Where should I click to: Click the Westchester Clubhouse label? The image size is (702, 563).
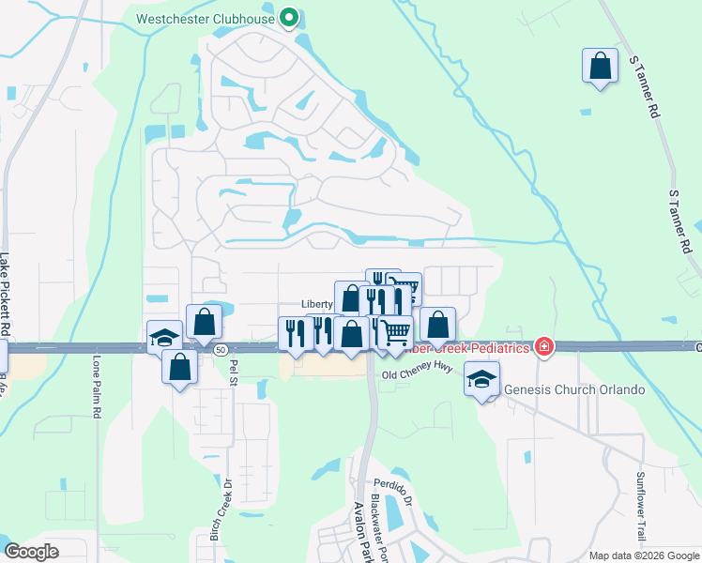(206, 18)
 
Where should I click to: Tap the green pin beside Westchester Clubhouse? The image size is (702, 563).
(289, 17)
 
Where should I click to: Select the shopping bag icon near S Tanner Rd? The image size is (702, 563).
(600, 67)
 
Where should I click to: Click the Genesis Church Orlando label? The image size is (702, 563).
(574, 389)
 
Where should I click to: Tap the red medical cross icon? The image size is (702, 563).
(542, 347)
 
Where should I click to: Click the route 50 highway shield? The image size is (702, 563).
(220, 349)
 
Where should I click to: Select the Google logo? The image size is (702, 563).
(31, 552)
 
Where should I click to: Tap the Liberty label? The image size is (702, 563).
(317, 305)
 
